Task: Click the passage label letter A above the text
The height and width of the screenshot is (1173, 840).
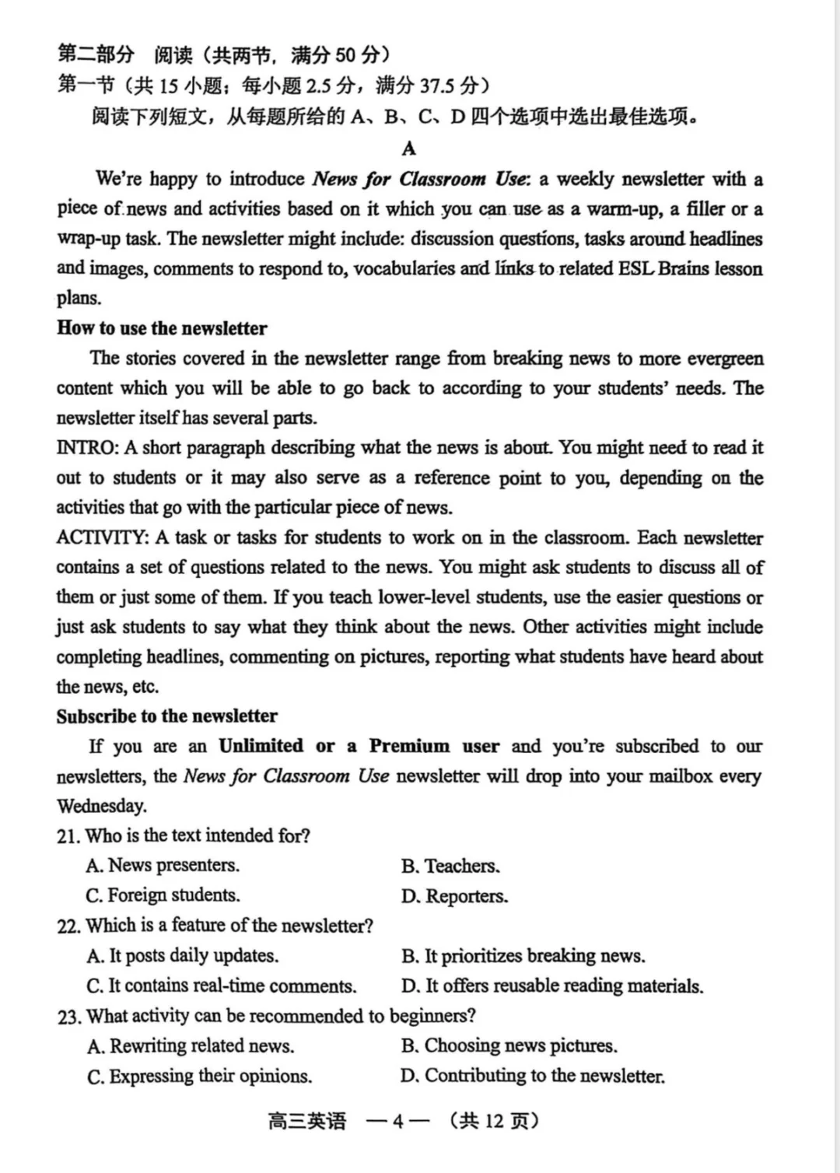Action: pyautogui.click(x=409, y=149)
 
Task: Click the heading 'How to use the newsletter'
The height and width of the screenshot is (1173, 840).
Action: pyautogui.click(x=162, y=328)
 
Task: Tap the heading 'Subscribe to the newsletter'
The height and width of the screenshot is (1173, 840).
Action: pyautogui.click(x=166, y=716)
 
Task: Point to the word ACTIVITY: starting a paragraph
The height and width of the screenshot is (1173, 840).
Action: pyautogui.click(x=103, y=537)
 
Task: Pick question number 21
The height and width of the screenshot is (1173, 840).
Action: pyautogui.click(x=68, y=836)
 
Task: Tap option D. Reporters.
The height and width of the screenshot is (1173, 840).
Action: pyautogui.click(x=455, y=896)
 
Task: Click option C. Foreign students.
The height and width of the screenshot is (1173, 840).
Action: pyautogui.click(x=163, y=895)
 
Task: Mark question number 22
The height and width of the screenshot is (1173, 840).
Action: pyautogui.click(x=68, y=926)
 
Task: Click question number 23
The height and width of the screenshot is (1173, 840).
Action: pyautogui.click(x=68, y=1017)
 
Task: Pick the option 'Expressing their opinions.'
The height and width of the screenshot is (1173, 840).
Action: pyautogui.click(x=210, y=1077)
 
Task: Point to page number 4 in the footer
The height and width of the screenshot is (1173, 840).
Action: pyautogui.click(x=397, y=1121)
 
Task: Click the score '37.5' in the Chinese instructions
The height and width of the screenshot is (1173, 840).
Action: pyautogui.click(x=439, y=86)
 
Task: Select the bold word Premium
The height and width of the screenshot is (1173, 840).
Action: pyautogui.click(x=409, y=746)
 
